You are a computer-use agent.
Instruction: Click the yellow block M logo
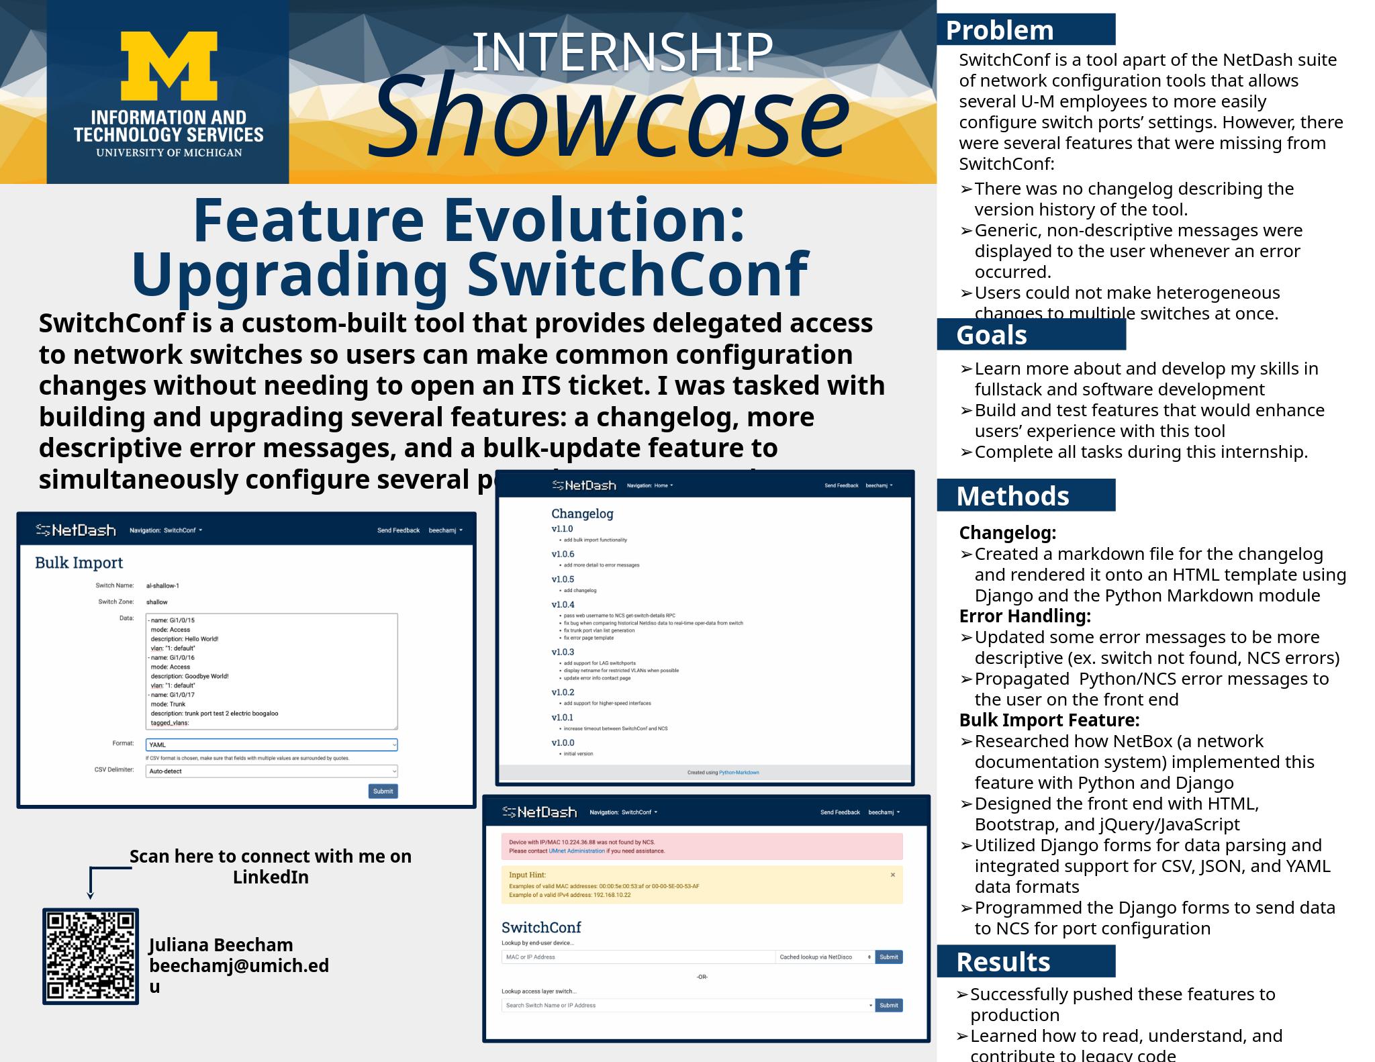[169, 66]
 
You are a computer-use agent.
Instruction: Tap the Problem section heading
[999, 31]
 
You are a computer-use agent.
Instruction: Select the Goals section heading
[991, 335]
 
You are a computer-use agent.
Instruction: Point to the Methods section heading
[1012, 496]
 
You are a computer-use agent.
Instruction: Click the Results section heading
[1002, 962]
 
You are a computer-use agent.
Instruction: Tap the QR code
[91, 956]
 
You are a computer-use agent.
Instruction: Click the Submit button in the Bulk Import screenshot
[383, 791]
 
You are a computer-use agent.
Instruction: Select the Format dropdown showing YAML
[271, 744]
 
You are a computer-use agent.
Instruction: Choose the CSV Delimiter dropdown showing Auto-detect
[271, 771]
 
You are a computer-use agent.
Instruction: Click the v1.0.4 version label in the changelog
[563, 605]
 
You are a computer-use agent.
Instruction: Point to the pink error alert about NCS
[702, 847]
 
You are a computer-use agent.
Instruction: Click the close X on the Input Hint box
[892, 875]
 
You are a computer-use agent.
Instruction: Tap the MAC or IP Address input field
[638, 957]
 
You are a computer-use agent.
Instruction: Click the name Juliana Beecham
[221, 945]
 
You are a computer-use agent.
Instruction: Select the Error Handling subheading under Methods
[1025, 616]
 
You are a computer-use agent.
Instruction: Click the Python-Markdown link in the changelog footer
[739, 773]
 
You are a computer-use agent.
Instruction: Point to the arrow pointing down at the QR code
[91, 894]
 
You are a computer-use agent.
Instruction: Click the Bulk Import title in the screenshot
[79, 563]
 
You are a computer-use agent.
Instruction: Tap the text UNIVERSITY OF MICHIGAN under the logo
[169, 152]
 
